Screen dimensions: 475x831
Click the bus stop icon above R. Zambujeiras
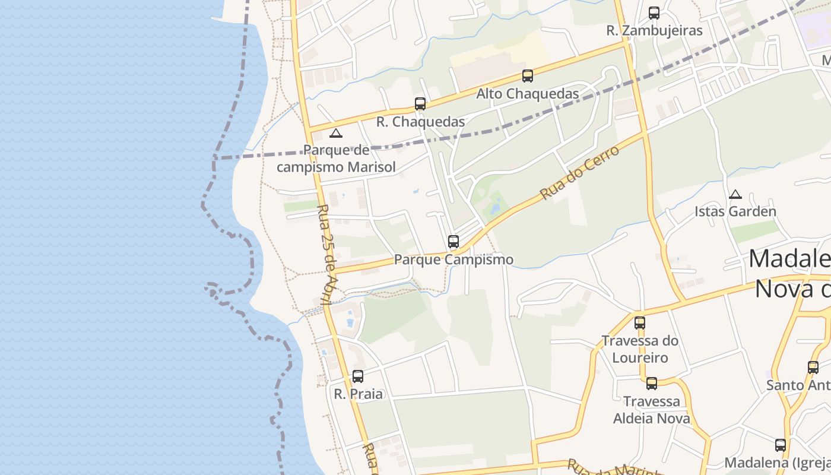click(654, 12)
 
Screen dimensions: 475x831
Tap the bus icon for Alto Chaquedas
click(527, 75)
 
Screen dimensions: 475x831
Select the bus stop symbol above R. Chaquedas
click(420, 104)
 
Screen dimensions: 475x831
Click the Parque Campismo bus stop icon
click(453, 242)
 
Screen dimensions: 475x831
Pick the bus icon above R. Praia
click(357, 376)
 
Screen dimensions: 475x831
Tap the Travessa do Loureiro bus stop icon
click(639, 323)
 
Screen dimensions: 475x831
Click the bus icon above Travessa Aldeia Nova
click(651, 384)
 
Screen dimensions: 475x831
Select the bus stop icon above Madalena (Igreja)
click(781, 445)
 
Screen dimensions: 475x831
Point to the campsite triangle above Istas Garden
click(735, 194)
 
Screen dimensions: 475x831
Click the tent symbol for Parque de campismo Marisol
click(336, 133)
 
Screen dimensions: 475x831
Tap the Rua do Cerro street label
click(579, 173)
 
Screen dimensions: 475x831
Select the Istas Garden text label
click(735, 211)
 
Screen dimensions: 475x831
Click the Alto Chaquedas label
click(527, 94)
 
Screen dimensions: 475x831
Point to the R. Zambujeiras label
click(654, 30)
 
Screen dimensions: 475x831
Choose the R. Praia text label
click(358, 394)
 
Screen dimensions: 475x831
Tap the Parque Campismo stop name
click(453, 259)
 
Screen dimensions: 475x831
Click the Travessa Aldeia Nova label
click(651, 410)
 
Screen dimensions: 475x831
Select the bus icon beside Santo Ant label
click(813, 367)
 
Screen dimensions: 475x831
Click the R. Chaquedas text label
click(420, 122)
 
